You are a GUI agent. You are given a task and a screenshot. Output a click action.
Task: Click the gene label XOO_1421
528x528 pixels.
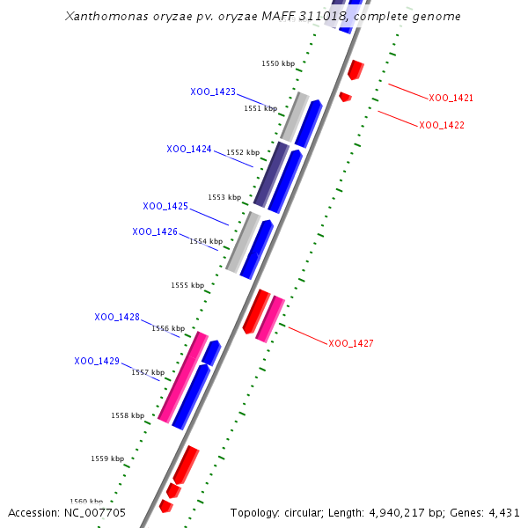coord(451,99)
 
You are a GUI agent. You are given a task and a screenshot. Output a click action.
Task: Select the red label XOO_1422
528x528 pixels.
coord(442,125)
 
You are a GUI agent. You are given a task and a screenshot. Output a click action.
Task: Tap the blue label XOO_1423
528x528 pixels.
coord(213,92)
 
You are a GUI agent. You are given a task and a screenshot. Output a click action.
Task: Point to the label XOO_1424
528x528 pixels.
coord(189,149)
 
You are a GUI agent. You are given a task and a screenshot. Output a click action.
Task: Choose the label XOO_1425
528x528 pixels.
coord(165,206)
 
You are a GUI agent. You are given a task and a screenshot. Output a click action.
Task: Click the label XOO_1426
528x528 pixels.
coord(155,231)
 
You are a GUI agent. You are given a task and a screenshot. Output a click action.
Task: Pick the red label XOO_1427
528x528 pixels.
coord(351,343)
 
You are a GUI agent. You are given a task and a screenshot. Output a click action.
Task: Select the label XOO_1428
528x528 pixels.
coord(117,317)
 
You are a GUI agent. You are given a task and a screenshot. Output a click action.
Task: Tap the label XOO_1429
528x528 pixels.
coord(97,361)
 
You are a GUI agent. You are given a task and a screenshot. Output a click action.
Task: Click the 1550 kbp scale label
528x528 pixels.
coord(278,63)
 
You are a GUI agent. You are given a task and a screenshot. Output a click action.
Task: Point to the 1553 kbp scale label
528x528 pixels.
coord(224,197)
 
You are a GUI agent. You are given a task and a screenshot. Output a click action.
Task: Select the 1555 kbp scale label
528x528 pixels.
coord(187,285)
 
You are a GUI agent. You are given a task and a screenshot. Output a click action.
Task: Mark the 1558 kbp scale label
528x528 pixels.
coord(128,415)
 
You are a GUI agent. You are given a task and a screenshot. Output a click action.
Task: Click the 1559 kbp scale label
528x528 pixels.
coord(107,458)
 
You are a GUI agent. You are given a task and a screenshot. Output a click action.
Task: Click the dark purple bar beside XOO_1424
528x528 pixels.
coord(270,173)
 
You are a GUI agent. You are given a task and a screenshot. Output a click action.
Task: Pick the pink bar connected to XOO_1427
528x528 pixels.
coord(270,319)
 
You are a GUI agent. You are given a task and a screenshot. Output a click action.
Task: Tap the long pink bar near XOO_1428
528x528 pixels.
coord(183,377)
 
